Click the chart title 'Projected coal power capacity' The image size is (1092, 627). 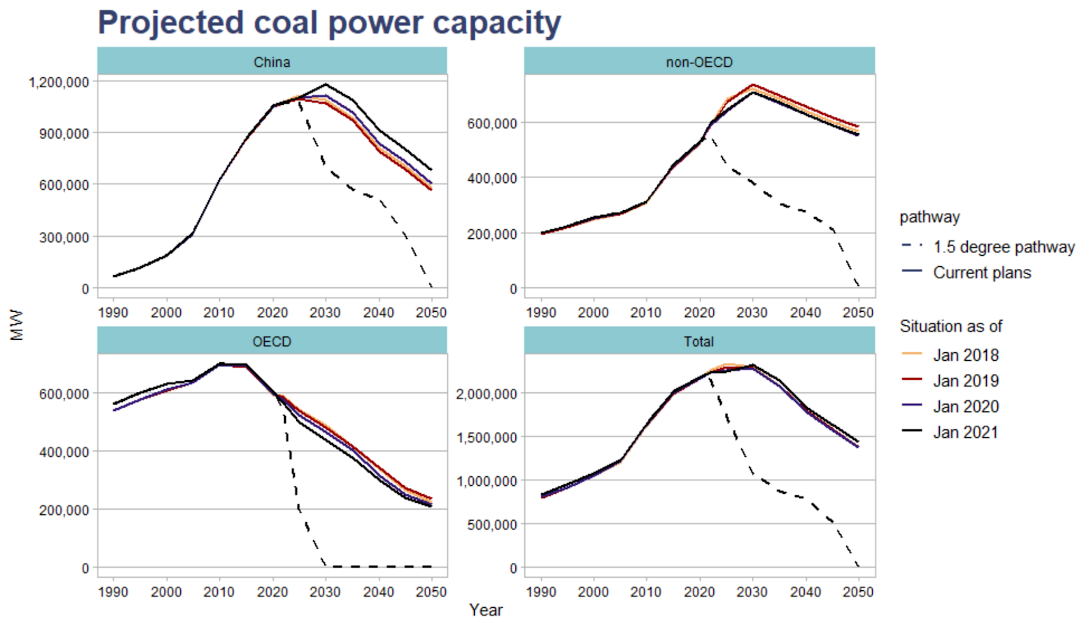coord(329,23)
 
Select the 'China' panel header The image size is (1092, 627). coord(272,62)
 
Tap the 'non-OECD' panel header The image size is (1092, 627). coord(699,62)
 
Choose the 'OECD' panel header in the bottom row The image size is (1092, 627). coord(272,341)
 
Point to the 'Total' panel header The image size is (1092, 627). coord(699,341)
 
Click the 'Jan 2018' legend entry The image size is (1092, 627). coord(965,355)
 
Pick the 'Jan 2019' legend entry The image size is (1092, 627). coord(965,381)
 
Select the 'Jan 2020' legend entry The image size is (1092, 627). coord(965,407)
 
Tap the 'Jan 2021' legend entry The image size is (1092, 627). coord(965,432)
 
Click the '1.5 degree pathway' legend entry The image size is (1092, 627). coord(1003,246)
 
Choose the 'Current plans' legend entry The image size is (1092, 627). coord(981,272)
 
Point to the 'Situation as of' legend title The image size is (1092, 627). coord(950,326)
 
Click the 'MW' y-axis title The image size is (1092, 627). coord(17,324)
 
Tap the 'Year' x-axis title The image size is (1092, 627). coord(485,610)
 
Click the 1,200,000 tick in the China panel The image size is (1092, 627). coord(59,82)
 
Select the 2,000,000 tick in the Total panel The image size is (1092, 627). coord(486,394)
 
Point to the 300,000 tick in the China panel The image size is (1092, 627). coord(64,237)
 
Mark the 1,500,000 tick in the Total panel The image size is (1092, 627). coord(486,437)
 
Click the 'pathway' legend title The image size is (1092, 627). coord(929,217)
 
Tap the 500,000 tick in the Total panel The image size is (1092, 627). coord(491,525)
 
